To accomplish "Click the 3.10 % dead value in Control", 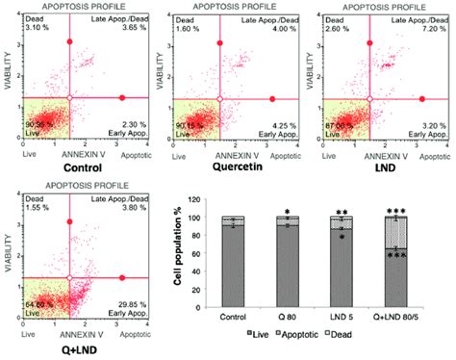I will [x=19, y=29].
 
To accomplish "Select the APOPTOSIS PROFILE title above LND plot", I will [x=377, y=6].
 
